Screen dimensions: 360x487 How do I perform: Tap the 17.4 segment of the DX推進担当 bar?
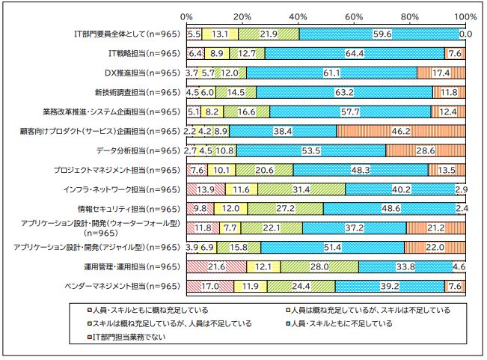pyautogui.click(x=441, y=73)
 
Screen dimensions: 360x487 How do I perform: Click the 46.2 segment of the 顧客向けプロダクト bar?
pyautogui.click(x=401, y=131)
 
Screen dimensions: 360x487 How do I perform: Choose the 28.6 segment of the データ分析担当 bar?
pyautogui.click(x=426, y=150)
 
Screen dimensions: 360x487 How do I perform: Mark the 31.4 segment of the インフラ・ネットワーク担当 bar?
pyautogui.click(x=303, y=189)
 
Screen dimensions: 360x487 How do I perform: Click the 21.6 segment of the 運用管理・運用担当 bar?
pyautogui.click(x=216, y=266)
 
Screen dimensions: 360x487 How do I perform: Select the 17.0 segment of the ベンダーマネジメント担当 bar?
pyautogui.click(x=210, y=285)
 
